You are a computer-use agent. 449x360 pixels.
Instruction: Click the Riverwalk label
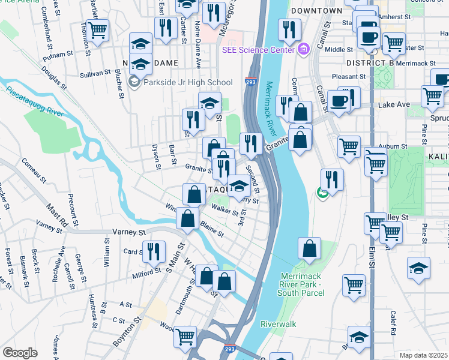pyautogui.click(x=279, y=324)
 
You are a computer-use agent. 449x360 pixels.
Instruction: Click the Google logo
pyautogui.click(x=20, y=353)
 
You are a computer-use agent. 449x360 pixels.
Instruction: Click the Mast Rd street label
pyautogui.click(x=57, y=214)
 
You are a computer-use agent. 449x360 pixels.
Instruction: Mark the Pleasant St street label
pyautogui.click(x=349, y=77)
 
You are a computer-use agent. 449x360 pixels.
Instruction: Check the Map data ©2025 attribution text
pyautogui.click(x=424, y=355)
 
